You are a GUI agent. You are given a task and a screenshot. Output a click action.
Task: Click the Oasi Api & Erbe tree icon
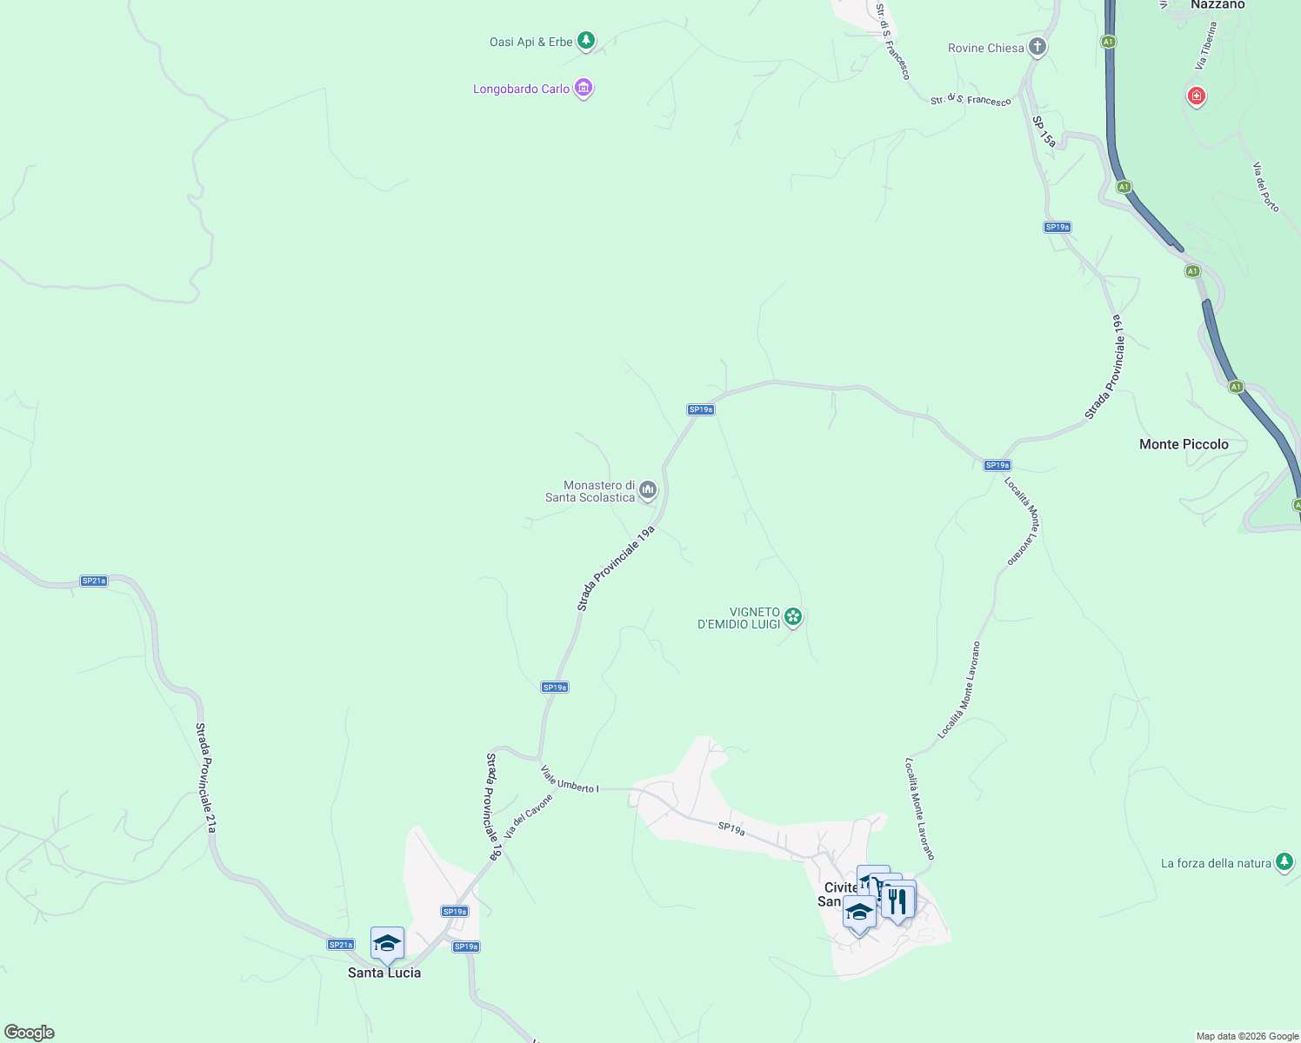coord(586,40)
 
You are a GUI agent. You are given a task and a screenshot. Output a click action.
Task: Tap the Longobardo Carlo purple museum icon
coord(584,88)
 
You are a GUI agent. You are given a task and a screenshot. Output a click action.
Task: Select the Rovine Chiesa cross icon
coord(1037,47)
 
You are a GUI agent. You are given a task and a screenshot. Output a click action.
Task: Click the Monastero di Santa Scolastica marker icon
coord(647,490)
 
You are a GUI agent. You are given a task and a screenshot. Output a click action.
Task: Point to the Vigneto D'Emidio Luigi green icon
coord(792,617)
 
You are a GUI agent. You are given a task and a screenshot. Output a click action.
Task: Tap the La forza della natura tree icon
coord(1284,862)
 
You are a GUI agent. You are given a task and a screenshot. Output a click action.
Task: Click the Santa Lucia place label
coord(384,973)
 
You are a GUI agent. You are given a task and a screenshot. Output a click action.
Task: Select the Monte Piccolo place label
coord(1184,444)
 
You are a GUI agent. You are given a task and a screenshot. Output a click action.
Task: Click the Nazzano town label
coord(1218,5)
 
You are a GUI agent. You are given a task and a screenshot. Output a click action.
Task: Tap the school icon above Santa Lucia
coord(387,943)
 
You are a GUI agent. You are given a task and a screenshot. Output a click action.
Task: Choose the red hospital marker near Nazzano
coord(1197,96)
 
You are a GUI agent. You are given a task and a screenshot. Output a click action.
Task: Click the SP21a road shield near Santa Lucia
coord(341,945)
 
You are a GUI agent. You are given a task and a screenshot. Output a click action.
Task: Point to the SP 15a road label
coord(1044,131)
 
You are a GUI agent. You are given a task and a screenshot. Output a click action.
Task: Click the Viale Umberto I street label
coord(570,780)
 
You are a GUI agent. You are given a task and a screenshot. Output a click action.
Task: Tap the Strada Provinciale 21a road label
coord(205,777)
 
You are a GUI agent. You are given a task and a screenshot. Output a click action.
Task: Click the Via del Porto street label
coord(1266,187)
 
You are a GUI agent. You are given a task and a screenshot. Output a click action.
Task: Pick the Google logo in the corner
coord(30,1033)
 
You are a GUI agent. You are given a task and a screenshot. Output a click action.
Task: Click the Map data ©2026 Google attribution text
coord(1247,1036)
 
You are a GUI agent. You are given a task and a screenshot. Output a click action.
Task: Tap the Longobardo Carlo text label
coord(521,89)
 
